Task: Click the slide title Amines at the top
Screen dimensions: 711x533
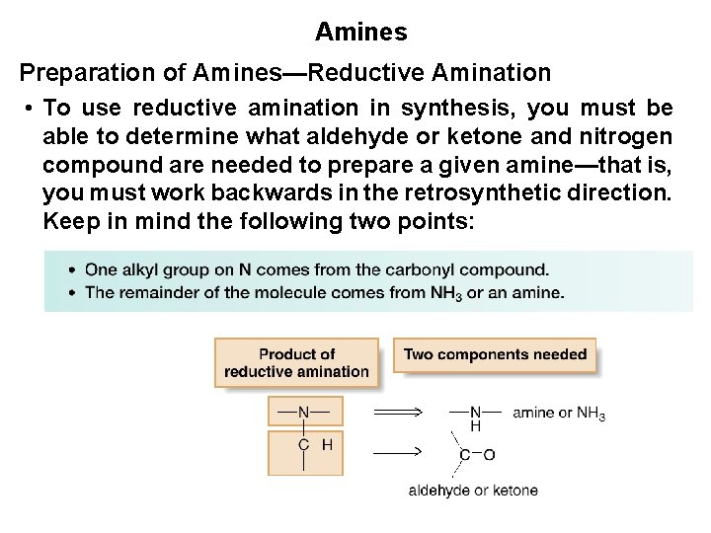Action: (360, 32)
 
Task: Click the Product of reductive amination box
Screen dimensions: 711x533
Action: (296, 362)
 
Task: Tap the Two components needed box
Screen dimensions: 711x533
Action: (495, 354)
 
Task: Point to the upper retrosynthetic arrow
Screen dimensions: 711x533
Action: (398, 412)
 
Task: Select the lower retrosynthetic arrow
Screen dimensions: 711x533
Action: (398, 452)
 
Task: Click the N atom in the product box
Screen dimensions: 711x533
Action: (303, 412)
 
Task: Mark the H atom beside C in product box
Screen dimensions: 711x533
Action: (327, 445)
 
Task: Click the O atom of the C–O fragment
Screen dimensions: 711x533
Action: (489, 455)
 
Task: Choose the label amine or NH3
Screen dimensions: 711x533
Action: (558, 414)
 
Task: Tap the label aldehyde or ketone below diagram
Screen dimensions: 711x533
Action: (473, 491)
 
